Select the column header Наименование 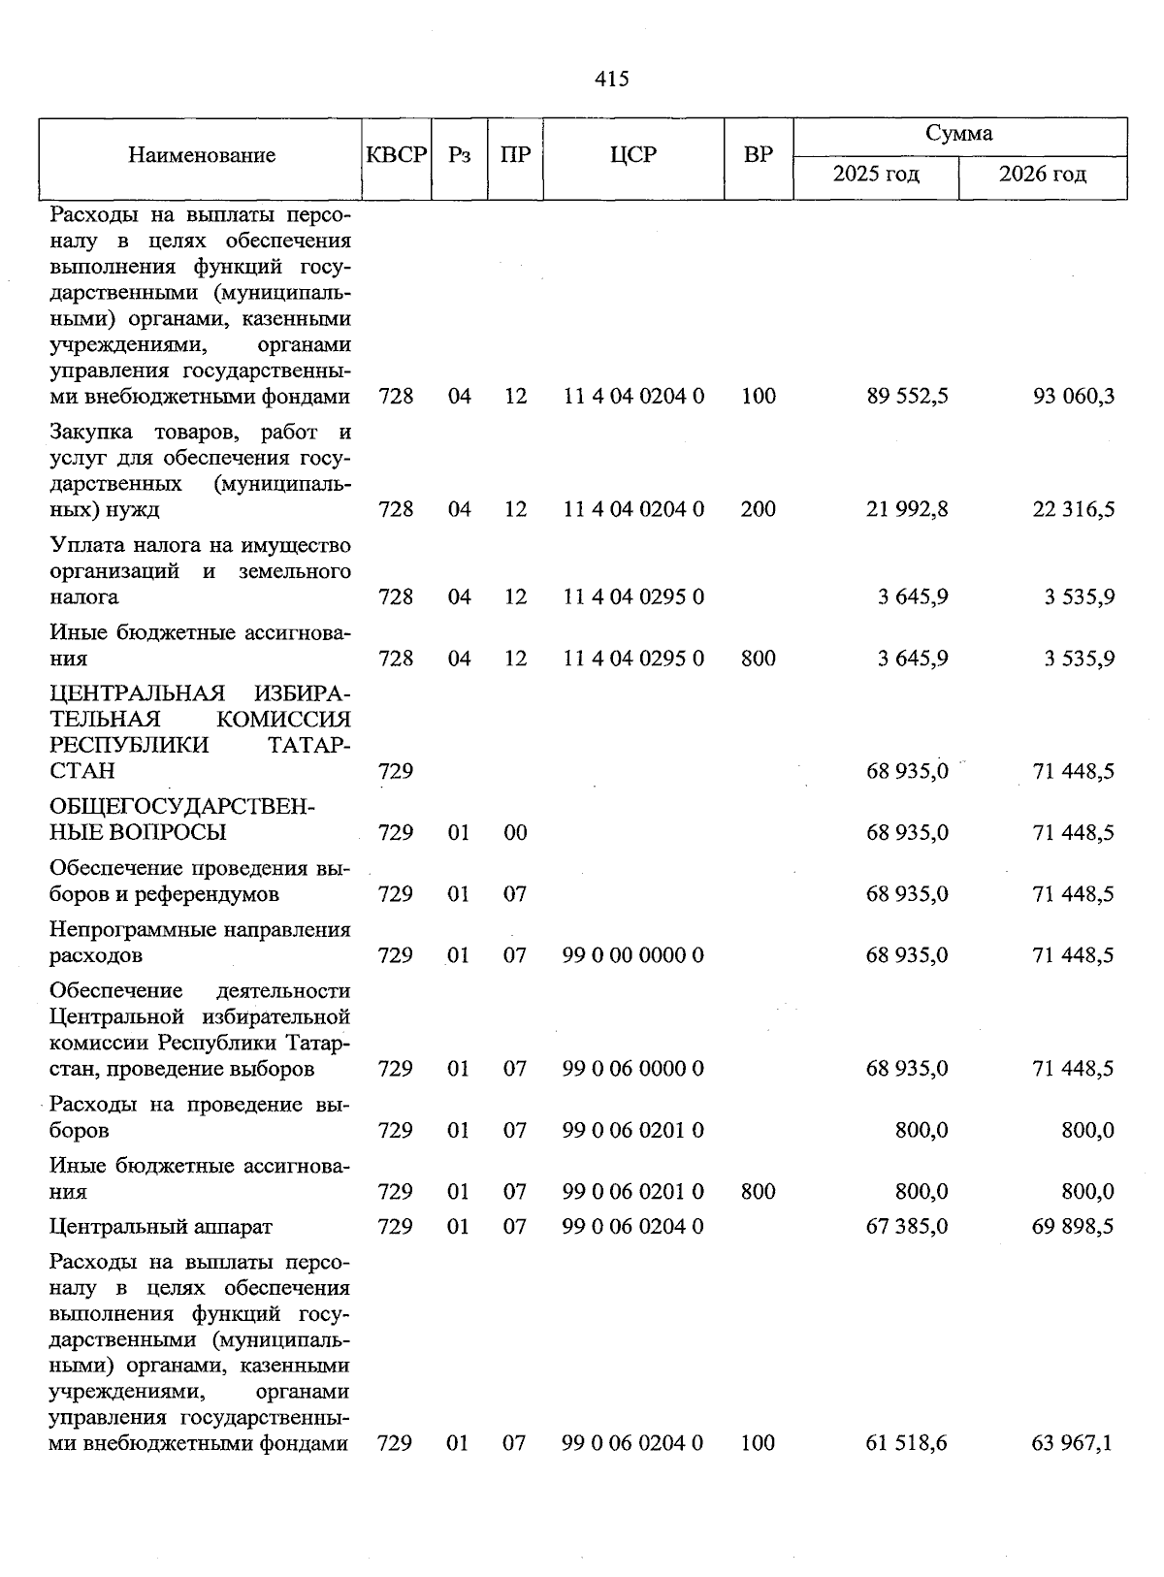coord(202,155)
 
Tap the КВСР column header coord(397,155)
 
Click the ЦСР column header coord(633,155)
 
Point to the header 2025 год coord(876,175)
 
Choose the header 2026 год coord(1043,175)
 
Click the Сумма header coord(958,134)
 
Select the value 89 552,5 coord(907,397)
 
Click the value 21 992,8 coord(907,509)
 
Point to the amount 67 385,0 coord(907,1227)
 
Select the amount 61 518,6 coord(907,1443)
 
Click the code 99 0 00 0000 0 coord(633,955)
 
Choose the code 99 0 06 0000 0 coord(633,1069)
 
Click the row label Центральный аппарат coord(161,1227)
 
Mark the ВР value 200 coord(758,509)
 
